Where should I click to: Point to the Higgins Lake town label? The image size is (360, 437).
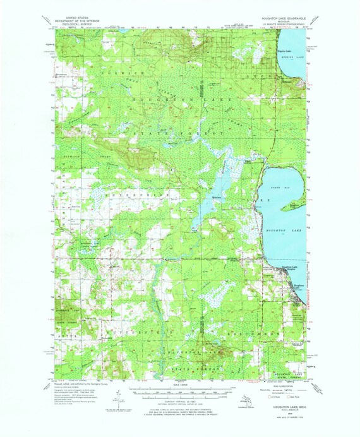(285, 50)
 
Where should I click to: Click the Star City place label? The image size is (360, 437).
(75, 205)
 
